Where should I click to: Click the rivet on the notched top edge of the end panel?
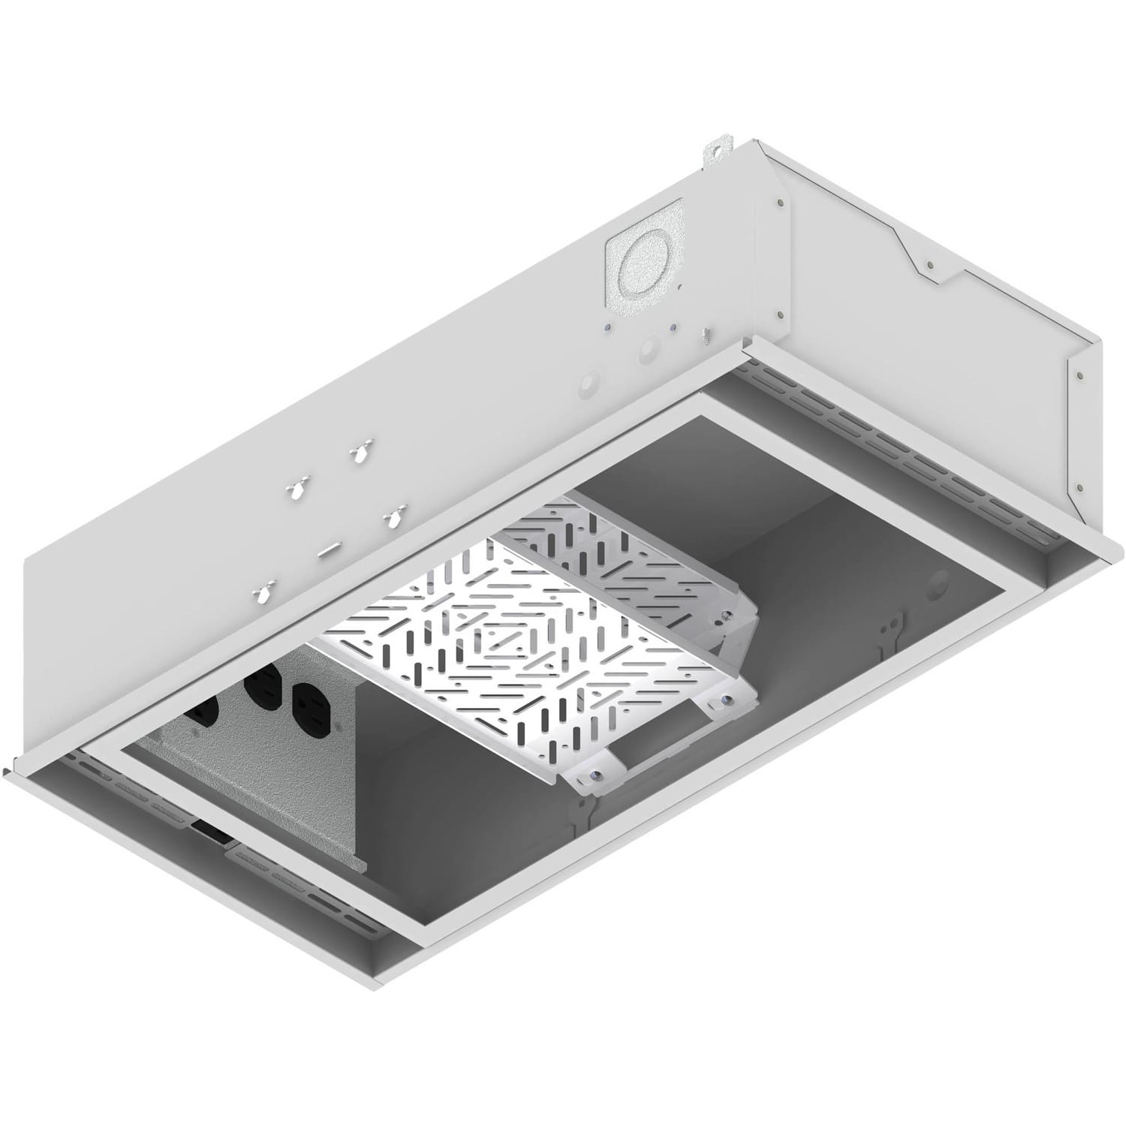coord(929,265)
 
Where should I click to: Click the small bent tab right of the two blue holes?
coord(705,333)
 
